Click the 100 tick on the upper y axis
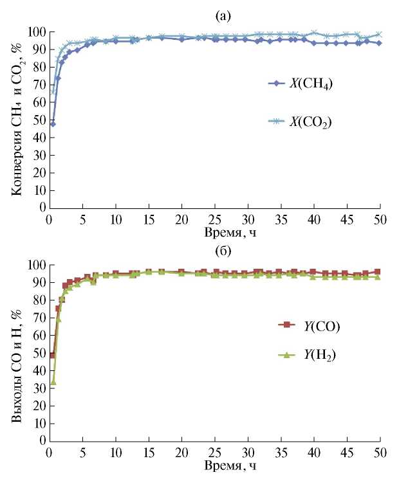pyautogui.click(x=36, y=32)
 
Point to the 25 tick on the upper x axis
pyautogui.click(x=215, y=218)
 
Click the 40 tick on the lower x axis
pyautogui.click(x=314, y=452)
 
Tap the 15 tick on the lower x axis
pyautogui.click(x=149, y=452)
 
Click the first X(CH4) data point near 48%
pyautogui.click(x=53, y=123)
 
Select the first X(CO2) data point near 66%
pyautogui.click(x=53, y=91)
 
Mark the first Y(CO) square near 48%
pyautogui.click(x=53, y=355)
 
